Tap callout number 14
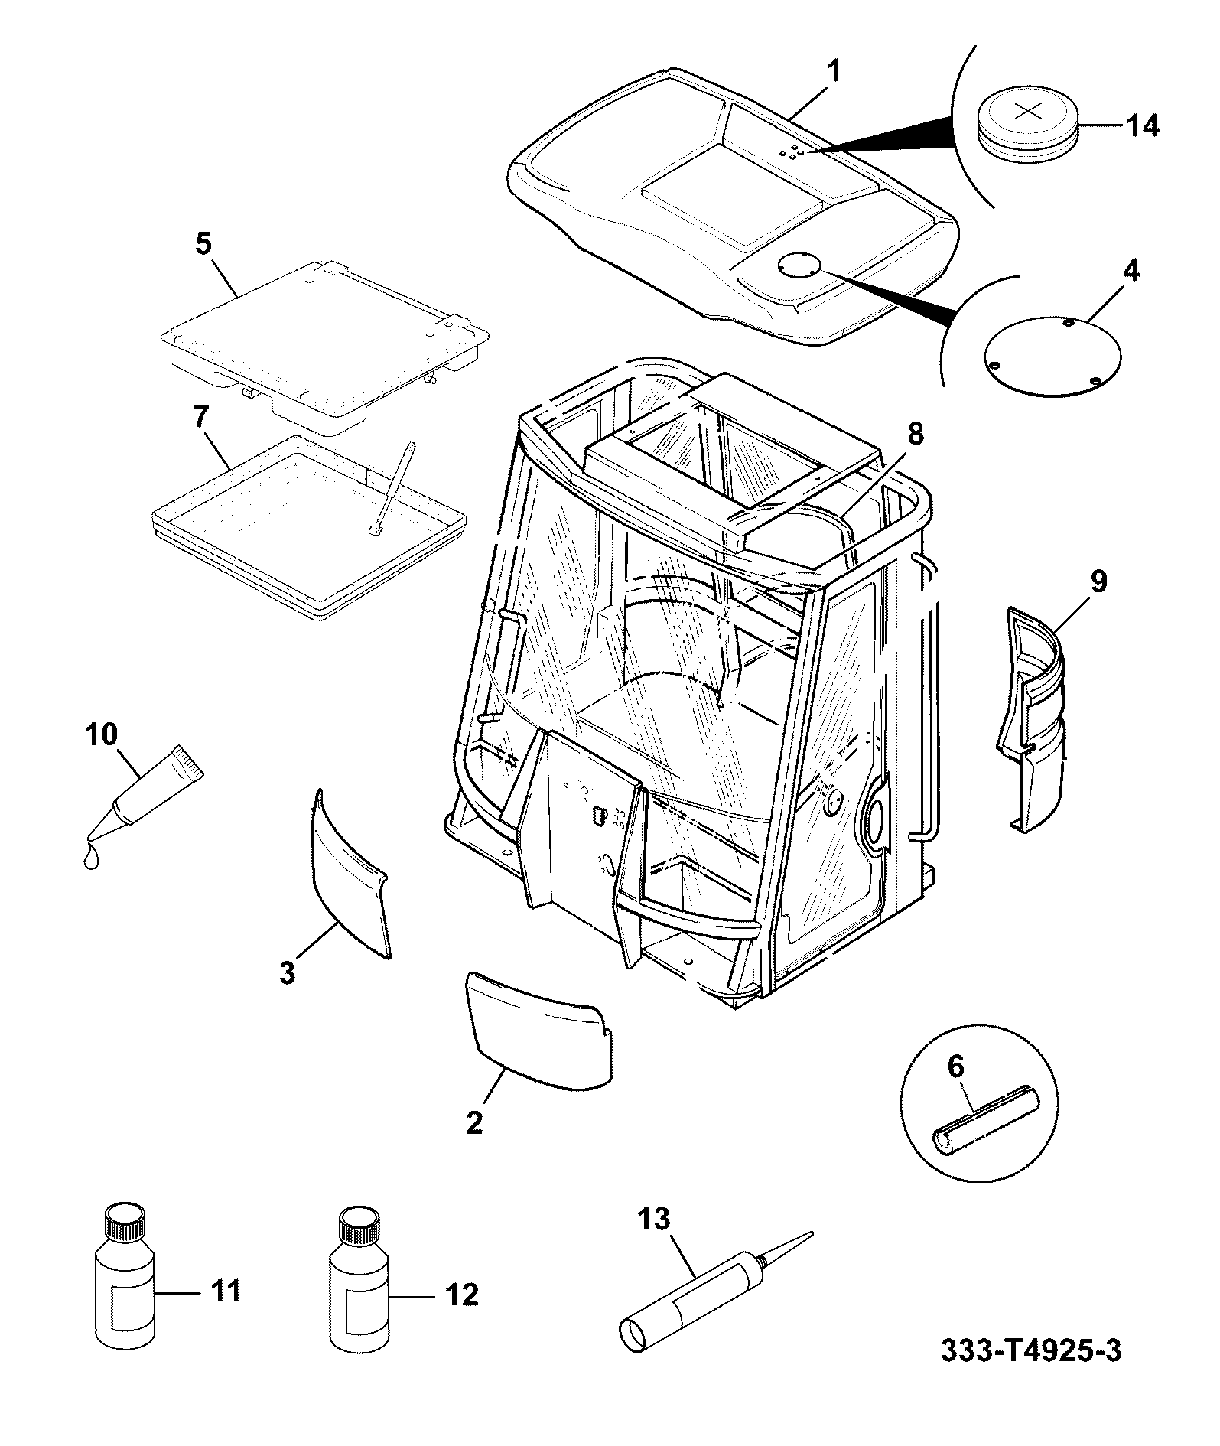[1140, 125]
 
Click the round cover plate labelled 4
[1053, 355]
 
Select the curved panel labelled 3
[350, 874]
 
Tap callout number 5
[203, 244]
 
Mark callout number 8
[916, 435]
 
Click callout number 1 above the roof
[834, 73]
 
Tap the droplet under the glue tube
[91, 858]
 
